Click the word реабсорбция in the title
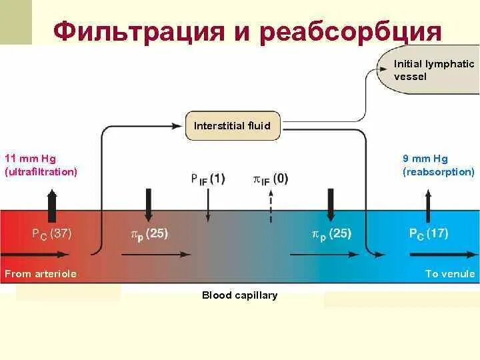click(351, 32)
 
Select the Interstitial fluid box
click(232, 126)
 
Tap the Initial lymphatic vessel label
click(434, 70)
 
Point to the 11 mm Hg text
click(31, 159)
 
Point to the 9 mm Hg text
click(425, 159)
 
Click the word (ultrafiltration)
click(41, 172)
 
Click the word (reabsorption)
click(438, 172)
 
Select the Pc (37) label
click(52, 233)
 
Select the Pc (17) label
click(428, 233)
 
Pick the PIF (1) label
click(207, 179)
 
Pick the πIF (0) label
click(271, 179)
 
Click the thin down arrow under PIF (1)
click(208, 207)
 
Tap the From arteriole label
click(41, 273)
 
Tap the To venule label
click(450, 273)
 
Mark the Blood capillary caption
click(239, 295)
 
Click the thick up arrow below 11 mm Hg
click(52, 200)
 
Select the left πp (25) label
click(149, 233)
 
